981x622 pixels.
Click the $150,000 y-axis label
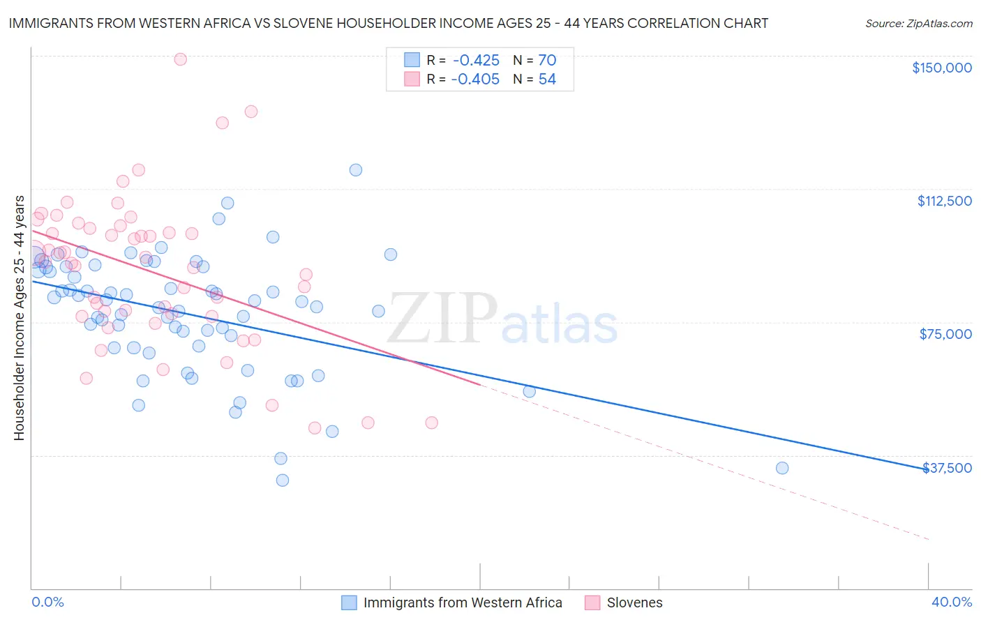(x=941, y=68)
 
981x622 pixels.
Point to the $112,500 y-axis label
(x=944, y=201)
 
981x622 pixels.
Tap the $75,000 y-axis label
(x=945, y=334)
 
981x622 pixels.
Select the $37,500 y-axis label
(x=947, y=468)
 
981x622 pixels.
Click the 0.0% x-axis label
(x=47, y=602)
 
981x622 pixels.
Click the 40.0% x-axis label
(x=952, y=602)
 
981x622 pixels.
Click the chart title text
(x=388, y=23)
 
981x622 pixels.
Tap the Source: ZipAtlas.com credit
(x=918, y=23)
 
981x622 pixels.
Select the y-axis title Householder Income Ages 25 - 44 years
(x=19, y=318)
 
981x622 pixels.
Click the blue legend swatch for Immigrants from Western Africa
(x=349, y=602)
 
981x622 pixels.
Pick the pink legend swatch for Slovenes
(x=592, y=602)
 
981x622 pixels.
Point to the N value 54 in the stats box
(x=547, y=79)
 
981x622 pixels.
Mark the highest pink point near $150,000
(x=180, y=59)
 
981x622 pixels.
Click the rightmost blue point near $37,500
(x=782, y=468)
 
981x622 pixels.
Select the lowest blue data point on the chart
(x=283, y=480)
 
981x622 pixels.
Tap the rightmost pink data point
(x=431, y=423)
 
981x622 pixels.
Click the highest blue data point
(x=356, y=169)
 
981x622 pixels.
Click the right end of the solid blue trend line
(x=928, y=469)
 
